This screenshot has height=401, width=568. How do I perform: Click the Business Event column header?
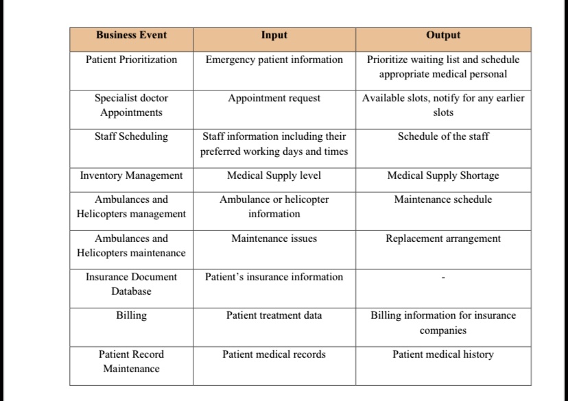pos(131,35)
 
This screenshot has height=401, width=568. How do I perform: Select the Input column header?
pos(274,35)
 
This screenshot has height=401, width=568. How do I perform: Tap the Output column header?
pos(443,35)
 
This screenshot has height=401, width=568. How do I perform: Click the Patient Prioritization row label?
pos(131,60)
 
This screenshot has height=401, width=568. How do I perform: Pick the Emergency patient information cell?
pos(274,60)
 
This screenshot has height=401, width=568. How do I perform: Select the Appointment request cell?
pos(274,98)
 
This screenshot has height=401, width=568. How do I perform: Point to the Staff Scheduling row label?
pos(131,136)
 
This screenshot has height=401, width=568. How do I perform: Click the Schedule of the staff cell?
pos(443,136)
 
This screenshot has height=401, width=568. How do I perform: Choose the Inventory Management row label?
pos(131,175)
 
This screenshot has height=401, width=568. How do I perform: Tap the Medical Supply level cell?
pos(274,175)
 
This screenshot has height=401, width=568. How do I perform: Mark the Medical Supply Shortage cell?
pos(443,175)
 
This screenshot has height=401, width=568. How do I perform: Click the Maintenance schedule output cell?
pos(443,199)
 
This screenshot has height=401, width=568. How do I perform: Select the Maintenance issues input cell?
pos(274,239)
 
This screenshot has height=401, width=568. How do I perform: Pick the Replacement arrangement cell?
pos(443,239)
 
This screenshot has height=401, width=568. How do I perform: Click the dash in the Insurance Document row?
pos(443,278)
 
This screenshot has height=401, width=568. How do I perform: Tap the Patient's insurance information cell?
pos(274,277)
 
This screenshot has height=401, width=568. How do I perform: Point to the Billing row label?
pos(131,315)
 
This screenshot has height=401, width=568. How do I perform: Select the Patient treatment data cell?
pos(274,315)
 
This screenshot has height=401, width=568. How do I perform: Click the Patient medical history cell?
pos(443,354)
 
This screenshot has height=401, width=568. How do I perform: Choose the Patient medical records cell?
pos(274,354)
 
